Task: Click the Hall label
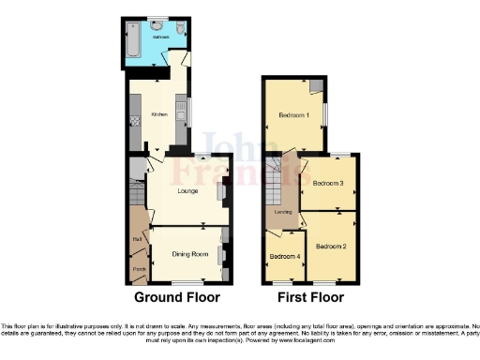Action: [x=137, y=238]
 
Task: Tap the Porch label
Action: [x=139, y=270]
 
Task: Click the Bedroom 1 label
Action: [x=293, y=116]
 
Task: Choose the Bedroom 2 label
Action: [x=330, y=247]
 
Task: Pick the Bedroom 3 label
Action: [x=328, y=184]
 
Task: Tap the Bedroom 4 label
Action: [x=285, y=256]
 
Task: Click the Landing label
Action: [x=281, y=212]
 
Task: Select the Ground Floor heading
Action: [x=177, y=297]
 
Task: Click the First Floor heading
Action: [x=309, y=297]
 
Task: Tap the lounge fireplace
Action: [x=221, y=192]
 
